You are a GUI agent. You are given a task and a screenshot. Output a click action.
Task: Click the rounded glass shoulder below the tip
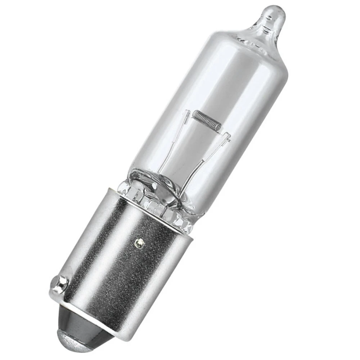pyautogui.click(x=252, y=40)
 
